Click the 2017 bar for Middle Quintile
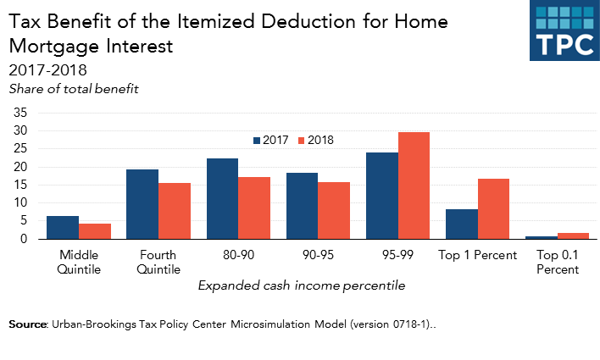[x=62, y=227]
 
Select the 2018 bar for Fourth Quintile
[x=174, y=211]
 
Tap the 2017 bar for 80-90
[x=222, y=198]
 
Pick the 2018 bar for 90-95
[x=334, y=210]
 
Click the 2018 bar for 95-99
[x=414, y=186]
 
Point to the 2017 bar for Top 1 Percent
[x=462, y=224]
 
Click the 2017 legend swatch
[x=257, y=141]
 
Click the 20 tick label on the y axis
[x=21, y=167]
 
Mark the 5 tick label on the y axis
[x=25, y=221]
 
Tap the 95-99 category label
[x=397, y=254]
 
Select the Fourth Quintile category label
[x=158, y=262]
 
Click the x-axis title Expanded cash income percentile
[x=301, y=285]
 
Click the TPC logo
[x=564, y=31]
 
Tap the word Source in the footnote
[x=29, y=324]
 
